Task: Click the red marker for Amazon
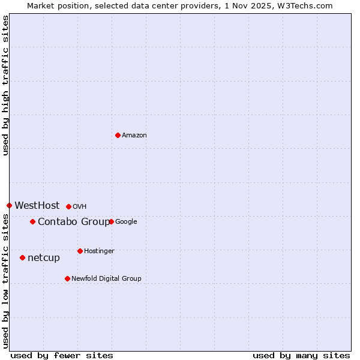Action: (x=118, y=135)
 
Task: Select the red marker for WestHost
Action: (x=9, y=205)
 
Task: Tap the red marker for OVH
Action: (x=68, y=206)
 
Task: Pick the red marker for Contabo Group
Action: (x=32, y=221)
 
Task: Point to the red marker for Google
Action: (x=111, y=221)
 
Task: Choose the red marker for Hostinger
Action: (x=80, y=251)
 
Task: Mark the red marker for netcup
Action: (x=22, y=257)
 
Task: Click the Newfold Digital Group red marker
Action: (x=67, y=278)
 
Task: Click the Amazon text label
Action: (x=134, y=135)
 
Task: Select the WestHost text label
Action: (x=37, y=205)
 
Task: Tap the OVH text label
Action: (x=80, y=206)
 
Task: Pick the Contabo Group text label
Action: (x=74, y=221)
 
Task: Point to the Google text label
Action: (x=126, y=221)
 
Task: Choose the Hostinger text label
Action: (x=99, y=251)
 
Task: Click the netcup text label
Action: (x=44, y=258)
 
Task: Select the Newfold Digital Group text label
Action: (x=106, y=278)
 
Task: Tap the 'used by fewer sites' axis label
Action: (x=62, y=355)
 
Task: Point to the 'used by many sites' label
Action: (x=301, y=355)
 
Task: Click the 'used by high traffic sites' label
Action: (x=5, y=85)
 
